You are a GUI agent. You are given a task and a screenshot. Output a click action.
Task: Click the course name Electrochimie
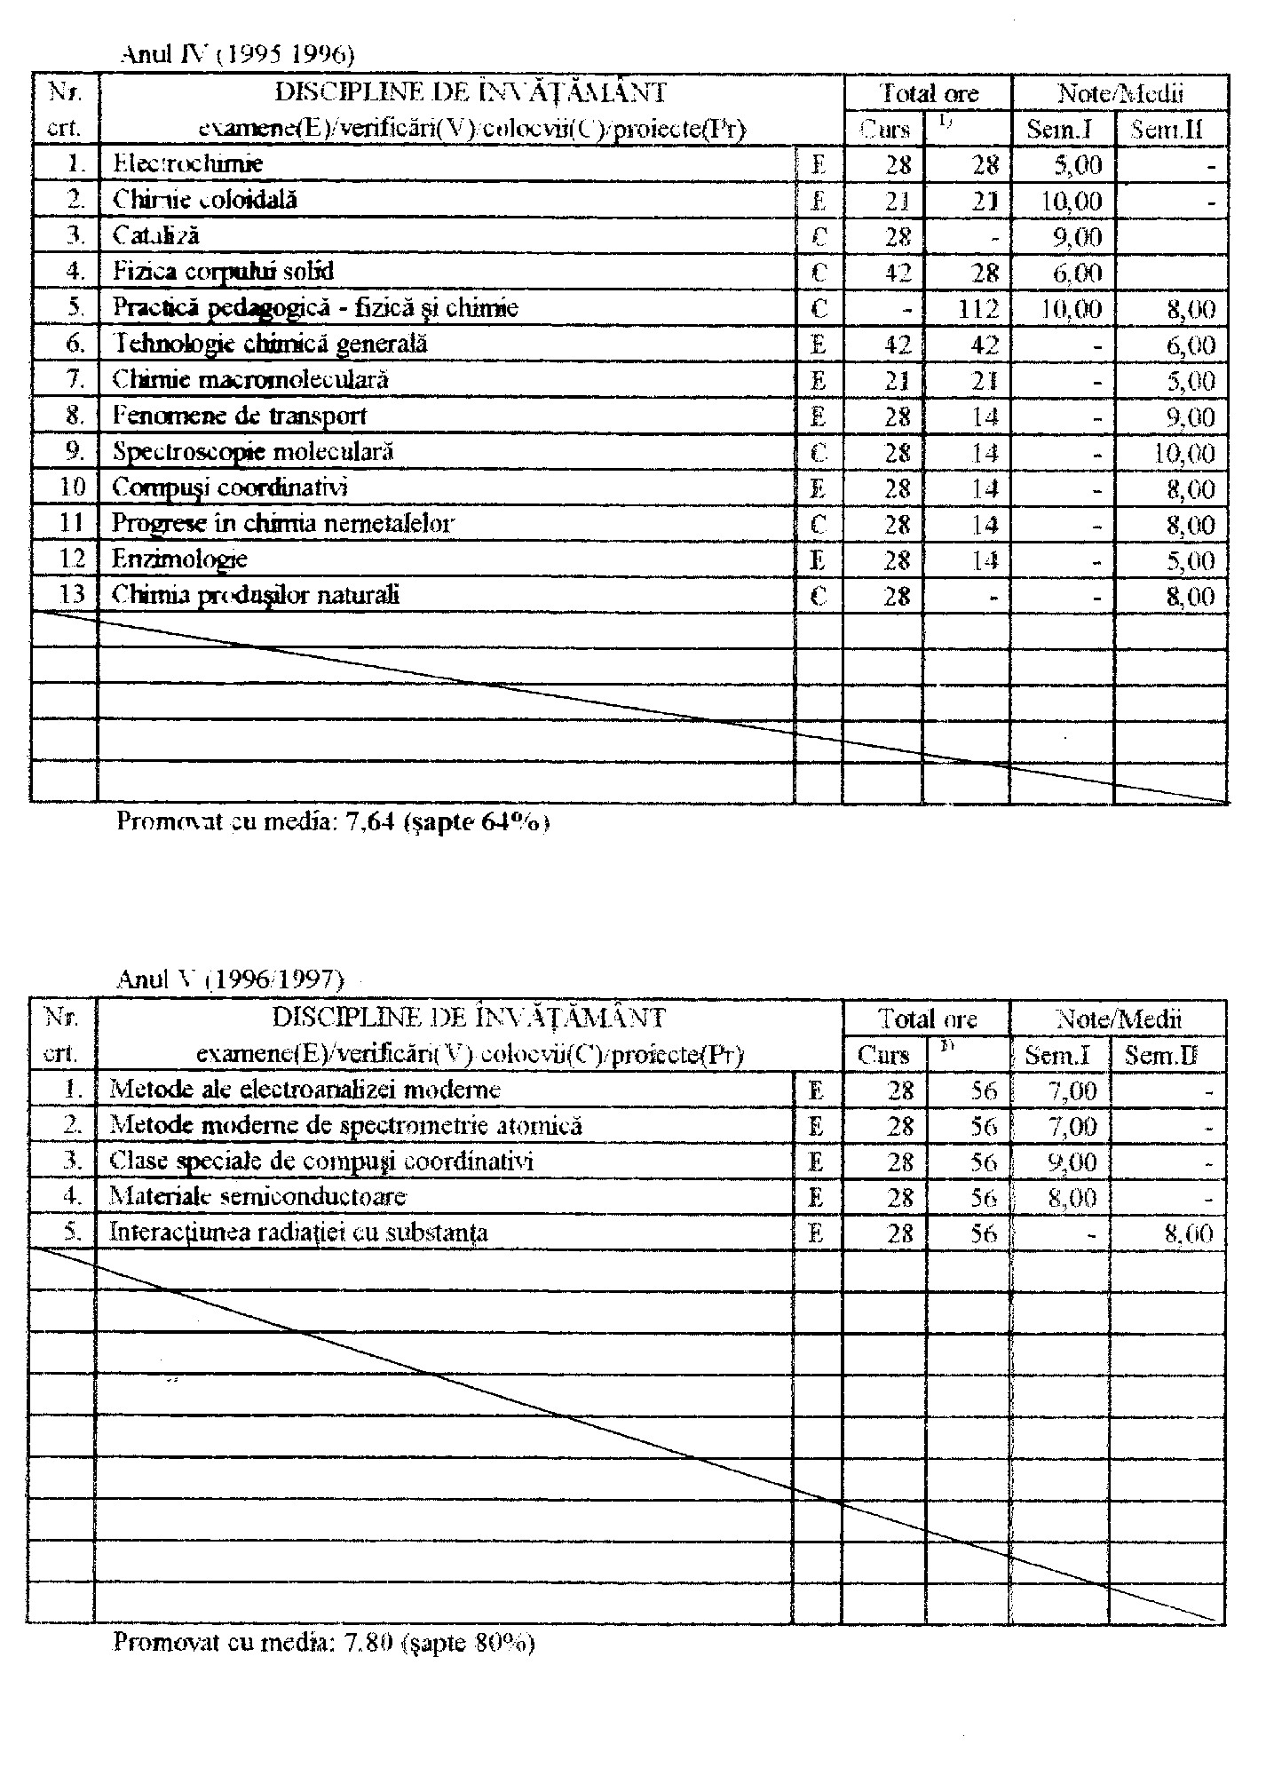click(x=187, y=163)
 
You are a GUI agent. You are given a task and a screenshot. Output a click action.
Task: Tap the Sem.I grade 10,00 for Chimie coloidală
click(x=1072, y=201)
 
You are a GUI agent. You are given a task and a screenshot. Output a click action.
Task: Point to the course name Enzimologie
click(x=179, y=559)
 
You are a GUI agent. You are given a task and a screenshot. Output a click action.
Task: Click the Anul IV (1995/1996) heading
click(x=237, y=55)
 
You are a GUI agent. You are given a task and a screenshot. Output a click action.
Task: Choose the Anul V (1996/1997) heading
click(x=230, y=979)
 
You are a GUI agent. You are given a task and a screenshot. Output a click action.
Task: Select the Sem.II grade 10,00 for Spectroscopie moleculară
click(x=1184, y=454)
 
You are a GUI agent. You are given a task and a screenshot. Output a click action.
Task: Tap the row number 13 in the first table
click(x=71, y=595)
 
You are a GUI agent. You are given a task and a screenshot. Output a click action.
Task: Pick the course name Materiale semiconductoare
click(x=257, y=1196)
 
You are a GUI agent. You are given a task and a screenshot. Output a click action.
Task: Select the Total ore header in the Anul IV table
click(x=928, y=92)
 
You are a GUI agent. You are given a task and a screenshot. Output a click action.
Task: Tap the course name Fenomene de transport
click(x=239, y=416)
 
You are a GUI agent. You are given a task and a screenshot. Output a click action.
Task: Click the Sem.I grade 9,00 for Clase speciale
click(x=1072, y=1162)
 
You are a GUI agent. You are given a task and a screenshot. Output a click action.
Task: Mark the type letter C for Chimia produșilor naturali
click(x=819, y=596)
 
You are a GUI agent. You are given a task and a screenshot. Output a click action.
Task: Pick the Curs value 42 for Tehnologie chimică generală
click(x=898, y=345)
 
